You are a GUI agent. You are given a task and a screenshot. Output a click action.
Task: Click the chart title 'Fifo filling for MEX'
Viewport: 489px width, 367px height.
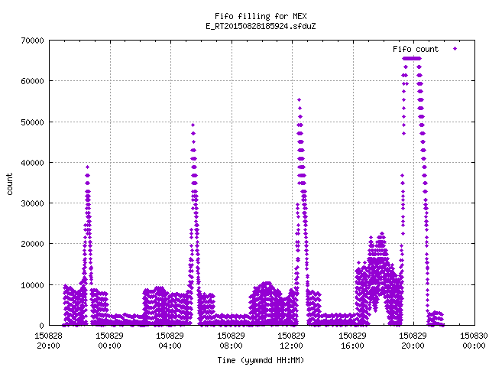pos(261,16)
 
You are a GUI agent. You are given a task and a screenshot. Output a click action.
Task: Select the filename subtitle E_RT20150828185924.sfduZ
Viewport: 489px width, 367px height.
pos(261,26)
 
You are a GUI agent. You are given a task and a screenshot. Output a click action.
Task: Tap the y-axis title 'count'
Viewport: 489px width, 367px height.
pos(10,184)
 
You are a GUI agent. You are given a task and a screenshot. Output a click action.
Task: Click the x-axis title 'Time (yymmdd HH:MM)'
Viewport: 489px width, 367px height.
pos(261,360)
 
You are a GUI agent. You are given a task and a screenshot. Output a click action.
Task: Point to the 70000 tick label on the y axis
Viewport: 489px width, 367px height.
pos(32,41)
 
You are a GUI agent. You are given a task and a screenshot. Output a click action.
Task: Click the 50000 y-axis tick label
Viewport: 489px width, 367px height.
pos(32,122)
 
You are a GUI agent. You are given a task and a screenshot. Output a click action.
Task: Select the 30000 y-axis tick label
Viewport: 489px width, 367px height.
pos(32,203)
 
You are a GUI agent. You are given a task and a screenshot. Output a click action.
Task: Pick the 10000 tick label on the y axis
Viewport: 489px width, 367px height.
pos(32,285)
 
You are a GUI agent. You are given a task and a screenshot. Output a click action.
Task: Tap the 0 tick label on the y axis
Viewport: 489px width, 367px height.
pos(41,326)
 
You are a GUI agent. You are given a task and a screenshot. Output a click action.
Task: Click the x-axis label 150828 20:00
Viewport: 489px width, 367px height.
pos(48,341)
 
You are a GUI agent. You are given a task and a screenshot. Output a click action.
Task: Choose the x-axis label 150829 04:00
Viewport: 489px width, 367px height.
pos(170,341)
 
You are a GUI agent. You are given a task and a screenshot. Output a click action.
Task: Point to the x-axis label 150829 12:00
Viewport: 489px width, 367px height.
pos(292,341)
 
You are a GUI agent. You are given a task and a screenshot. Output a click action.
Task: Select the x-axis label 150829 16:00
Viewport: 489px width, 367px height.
pos(352,341)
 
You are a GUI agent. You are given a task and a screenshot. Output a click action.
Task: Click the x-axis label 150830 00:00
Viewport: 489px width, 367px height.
pos(474,341)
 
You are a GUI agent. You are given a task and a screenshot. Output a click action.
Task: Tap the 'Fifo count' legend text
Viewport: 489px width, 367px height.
pos(416,49)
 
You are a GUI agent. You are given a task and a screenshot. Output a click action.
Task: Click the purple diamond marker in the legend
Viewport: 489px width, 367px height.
pos(455,48)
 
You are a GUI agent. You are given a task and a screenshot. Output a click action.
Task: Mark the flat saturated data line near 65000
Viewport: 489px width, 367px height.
pos(412,58)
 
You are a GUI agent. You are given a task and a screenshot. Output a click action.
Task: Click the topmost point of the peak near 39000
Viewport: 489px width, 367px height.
pos(88,167)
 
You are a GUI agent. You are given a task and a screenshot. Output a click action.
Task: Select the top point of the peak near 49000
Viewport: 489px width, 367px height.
pos(193,125)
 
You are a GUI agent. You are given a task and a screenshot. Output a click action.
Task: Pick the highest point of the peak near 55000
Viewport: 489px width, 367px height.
pos(299,100)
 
